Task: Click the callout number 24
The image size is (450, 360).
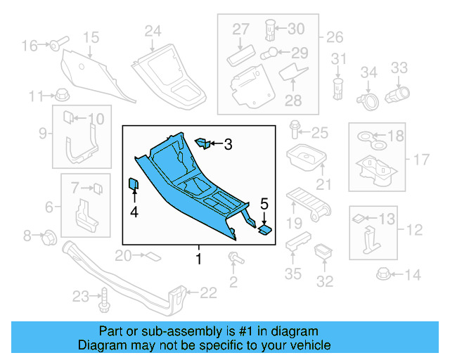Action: click(153, 30)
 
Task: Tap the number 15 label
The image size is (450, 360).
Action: click(91, 37)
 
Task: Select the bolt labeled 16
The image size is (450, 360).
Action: click(55, 45)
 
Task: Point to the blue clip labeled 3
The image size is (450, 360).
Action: click(201, 143)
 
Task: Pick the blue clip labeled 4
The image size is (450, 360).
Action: click(133, 185)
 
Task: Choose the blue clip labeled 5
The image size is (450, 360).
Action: click(265, 228)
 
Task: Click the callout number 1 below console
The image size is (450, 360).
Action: click(198, 259)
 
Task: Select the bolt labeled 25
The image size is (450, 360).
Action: click(295, 131)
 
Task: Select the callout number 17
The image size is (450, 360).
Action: click(420, 160)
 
